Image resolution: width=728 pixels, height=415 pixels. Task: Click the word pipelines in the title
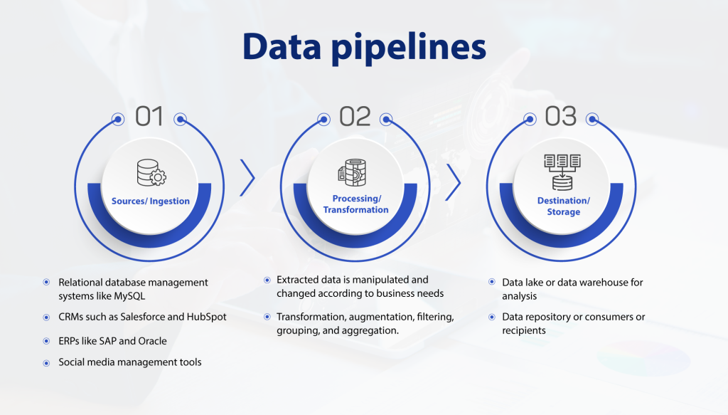pos(409,48)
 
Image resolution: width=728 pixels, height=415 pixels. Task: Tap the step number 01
pos(149,116)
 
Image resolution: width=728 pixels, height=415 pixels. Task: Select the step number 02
pos(355,116)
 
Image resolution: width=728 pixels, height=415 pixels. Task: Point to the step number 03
pos(560,116)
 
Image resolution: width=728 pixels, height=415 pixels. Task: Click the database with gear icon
pos(151,173)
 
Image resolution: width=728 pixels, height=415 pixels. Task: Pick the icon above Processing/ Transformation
pos(352,172)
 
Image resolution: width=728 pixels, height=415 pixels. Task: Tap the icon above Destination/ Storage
pos(562,172)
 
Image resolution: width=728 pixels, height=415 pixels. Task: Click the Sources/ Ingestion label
pos(151,201)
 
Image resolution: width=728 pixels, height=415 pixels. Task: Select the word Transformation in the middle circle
pos(355,210)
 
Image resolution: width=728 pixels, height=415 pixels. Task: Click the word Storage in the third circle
pos(563,212)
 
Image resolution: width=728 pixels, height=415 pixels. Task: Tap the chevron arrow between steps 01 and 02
pos(247,177)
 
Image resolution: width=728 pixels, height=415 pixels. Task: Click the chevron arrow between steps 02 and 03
pos(453,182)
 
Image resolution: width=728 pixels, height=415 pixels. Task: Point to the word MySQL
pos(129,296)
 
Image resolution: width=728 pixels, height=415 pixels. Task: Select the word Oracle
pos(152,341)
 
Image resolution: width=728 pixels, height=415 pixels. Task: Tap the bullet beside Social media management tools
pos(46,363)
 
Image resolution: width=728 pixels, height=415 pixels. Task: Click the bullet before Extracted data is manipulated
pos(267,280)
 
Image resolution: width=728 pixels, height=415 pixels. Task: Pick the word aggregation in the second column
pos(371,331)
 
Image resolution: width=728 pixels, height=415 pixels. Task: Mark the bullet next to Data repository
pos(492,317)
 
